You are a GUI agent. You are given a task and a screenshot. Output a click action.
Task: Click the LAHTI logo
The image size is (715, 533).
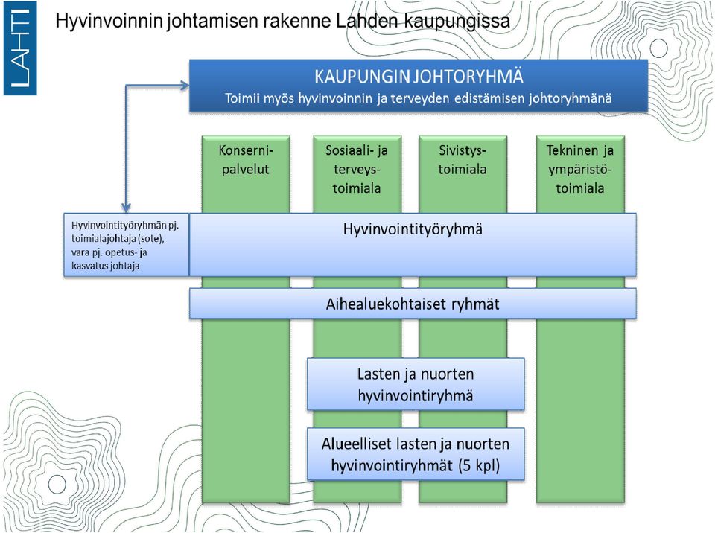20,48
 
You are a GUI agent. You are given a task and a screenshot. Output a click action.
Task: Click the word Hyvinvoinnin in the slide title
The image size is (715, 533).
109,22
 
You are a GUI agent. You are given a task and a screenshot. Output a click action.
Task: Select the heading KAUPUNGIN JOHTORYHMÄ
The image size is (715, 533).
419,77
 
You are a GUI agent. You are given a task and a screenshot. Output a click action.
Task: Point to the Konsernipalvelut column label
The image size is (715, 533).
245,159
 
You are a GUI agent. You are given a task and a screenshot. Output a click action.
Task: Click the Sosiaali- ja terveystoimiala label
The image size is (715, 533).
357,169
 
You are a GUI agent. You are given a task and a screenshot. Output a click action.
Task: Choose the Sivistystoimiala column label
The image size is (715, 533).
463,159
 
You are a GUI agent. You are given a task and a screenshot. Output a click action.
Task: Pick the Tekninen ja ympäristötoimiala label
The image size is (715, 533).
580,169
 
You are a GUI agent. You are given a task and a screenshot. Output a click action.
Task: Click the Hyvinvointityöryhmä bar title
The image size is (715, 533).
413,229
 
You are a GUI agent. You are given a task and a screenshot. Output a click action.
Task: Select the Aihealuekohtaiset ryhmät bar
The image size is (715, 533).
413,304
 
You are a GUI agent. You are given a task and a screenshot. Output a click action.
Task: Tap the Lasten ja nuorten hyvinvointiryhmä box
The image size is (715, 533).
416,384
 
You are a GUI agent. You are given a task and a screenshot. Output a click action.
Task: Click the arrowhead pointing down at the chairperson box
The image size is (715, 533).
127,208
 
